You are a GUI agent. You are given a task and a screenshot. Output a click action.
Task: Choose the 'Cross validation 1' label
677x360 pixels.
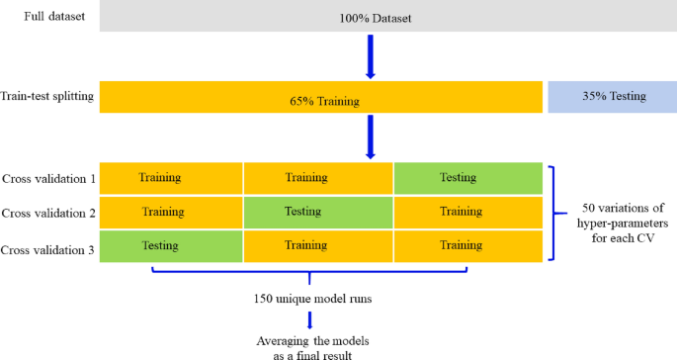(x=48, y=179)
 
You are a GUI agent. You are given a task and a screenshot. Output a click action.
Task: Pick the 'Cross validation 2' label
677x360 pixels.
(x=48, y=212)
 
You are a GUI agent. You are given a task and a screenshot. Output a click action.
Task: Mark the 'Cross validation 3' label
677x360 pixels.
(x=48, y=246)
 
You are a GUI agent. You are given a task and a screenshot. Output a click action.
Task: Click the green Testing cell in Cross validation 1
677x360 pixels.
(x=468, y=178)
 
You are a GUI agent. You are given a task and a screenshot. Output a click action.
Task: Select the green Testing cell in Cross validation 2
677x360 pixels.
(x=318, y=212)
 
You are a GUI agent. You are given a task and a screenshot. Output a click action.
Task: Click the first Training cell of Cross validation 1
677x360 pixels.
(x=168, y=178)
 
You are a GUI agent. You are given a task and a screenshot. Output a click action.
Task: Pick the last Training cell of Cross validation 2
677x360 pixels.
(x=468, y=212)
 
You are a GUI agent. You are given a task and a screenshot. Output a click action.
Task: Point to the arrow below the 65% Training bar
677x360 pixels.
(x=372, y=136)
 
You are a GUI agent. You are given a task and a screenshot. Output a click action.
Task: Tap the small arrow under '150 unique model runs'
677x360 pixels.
(x=311, y=318)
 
